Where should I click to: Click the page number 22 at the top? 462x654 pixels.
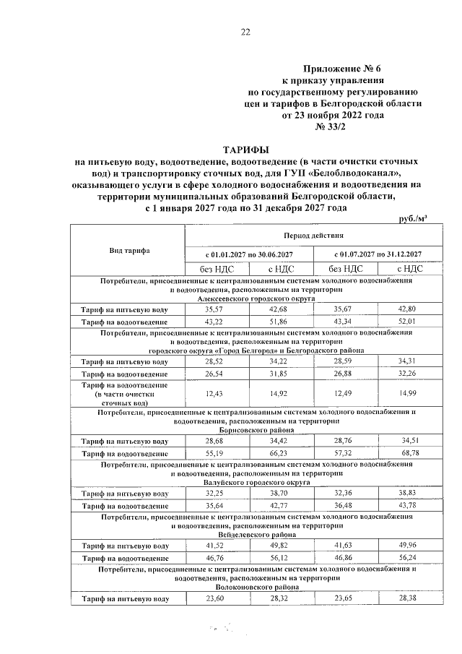245,32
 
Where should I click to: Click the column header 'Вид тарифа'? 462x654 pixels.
129,250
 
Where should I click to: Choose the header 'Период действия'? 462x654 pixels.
312,236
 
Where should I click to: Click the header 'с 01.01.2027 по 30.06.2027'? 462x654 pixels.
248,254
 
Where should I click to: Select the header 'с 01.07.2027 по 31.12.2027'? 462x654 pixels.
377,254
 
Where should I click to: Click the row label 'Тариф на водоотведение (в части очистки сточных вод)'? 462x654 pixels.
129,393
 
